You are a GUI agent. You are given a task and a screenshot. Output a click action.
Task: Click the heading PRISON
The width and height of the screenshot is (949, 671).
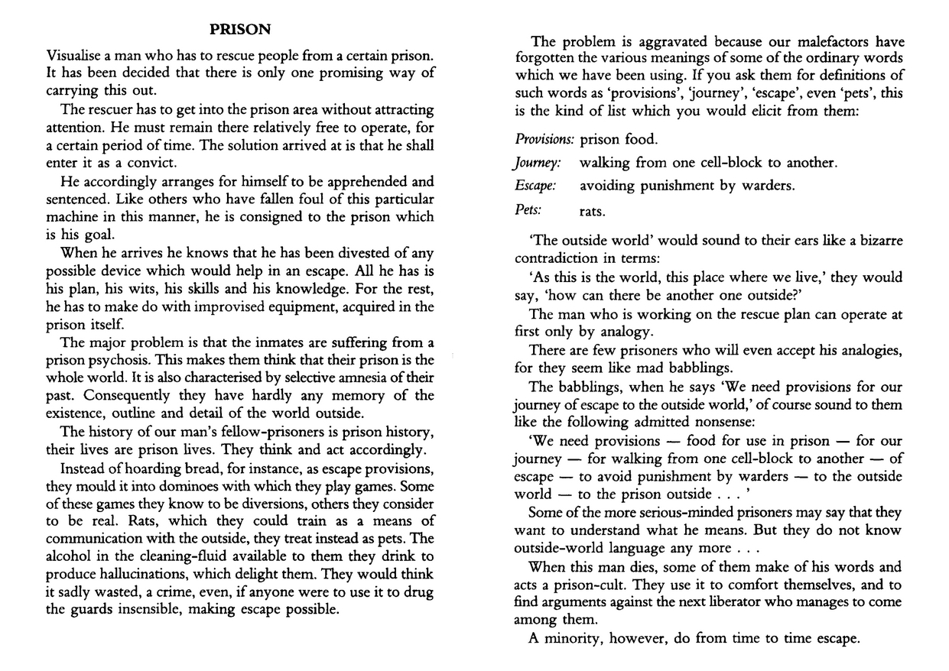(x=240, y=31)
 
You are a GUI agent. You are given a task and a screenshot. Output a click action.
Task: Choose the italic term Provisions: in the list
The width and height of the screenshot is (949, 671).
(x=544, y=140)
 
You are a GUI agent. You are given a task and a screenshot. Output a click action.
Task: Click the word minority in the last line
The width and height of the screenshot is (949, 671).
(x=573, y=638)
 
